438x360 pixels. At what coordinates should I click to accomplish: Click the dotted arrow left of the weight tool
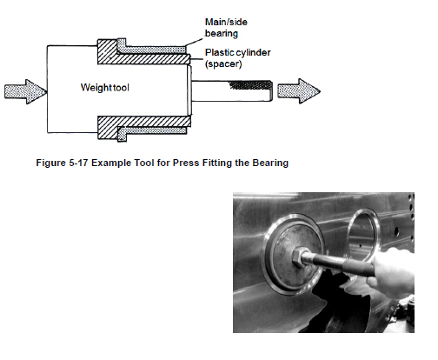[x=25, y=91]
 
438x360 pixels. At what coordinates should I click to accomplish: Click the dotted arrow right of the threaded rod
[x=299, y=91]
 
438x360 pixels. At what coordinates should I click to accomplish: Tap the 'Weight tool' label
[x=104, y=87]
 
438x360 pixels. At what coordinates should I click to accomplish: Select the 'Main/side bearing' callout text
[x=226, y=28]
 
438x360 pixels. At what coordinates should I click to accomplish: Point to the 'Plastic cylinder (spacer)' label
[x=237, y=58]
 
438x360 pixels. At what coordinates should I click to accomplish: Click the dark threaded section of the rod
[x=251, y=85]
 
